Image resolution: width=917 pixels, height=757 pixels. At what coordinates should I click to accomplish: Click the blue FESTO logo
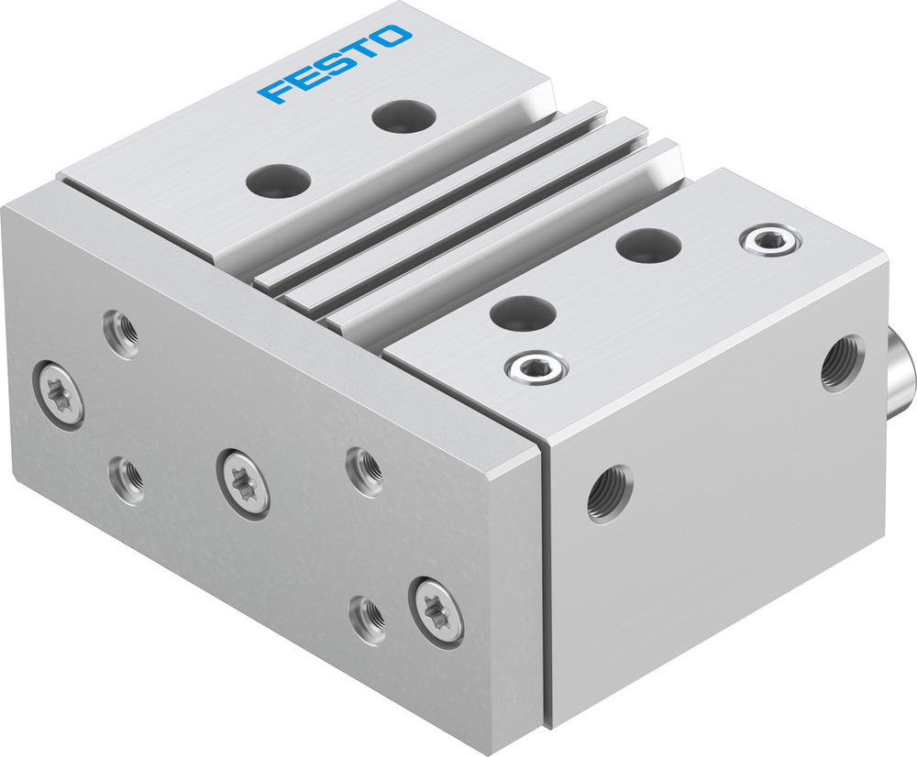(x=334, y=64)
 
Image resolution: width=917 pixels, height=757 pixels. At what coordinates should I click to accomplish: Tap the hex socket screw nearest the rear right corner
(x=769, y=240)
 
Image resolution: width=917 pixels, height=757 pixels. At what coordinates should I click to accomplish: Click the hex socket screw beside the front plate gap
(x=536, y=368)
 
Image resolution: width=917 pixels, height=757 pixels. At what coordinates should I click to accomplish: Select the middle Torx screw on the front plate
(x=244, y=482)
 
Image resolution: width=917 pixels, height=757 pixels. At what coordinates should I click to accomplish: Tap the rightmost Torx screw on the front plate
(x=436, y=610)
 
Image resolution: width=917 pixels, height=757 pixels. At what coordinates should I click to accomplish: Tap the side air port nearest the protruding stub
(x=842, y=362)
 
